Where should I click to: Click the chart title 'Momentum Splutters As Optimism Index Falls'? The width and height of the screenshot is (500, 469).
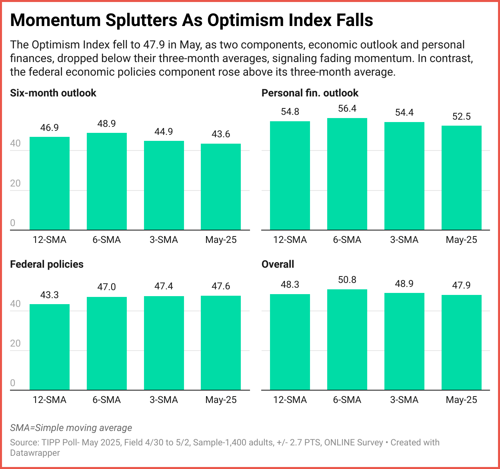[192, 20]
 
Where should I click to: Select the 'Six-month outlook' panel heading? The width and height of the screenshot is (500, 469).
[53, 93]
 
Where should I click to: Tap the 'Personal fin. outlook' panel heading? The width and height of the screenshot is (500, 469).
[310, 93]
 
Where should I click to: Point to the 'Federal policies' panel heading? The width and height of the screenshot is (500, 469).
[47, 264]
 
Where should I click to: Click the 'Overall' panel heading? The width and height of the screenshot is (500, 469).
[278, 264]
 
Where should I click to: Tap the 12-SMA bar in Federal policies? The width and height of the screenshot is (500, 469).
[50, 347]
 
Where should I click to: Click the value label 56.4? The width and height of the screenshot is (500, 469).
[347, 108]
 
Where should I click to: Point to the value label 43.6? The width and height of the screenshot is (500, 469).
[221, 134]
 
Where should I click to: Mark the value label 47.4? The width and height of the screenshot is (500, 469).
[164, 286]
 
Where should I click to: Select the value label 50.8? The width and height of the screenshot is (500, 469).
[347, 280]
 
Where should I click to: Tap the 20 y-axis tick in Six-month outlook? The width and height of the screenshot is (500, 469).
[15, 183]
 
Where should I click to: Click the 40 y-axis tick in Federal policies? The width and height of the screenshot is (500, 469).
[15, 304]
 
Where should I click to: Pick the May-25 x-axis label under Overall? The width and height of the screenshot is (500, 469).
[462, 400]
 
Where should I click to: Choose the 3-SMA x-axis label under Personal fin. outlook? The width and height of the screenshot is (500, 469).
[404, 240]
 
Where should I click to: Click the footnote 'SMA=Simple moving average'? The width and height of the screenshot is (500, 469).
[71, 428]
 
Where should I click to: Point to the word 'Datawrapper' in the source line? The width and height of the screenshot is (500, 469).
[35, 453]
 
